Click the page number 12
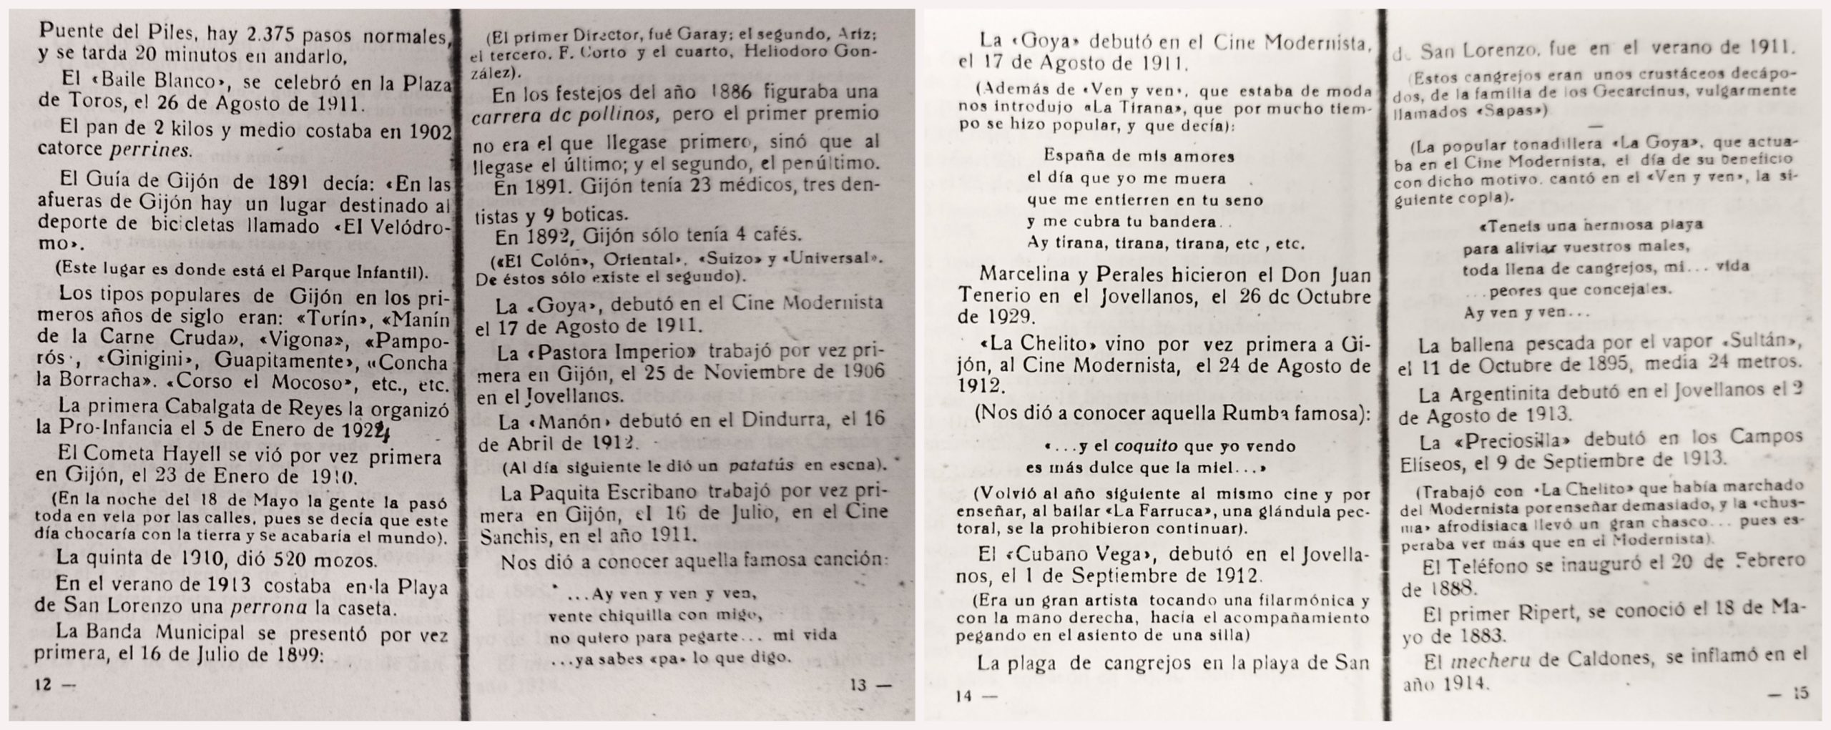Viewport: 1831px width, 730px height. pyautogui.click(x=44, y=684)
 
